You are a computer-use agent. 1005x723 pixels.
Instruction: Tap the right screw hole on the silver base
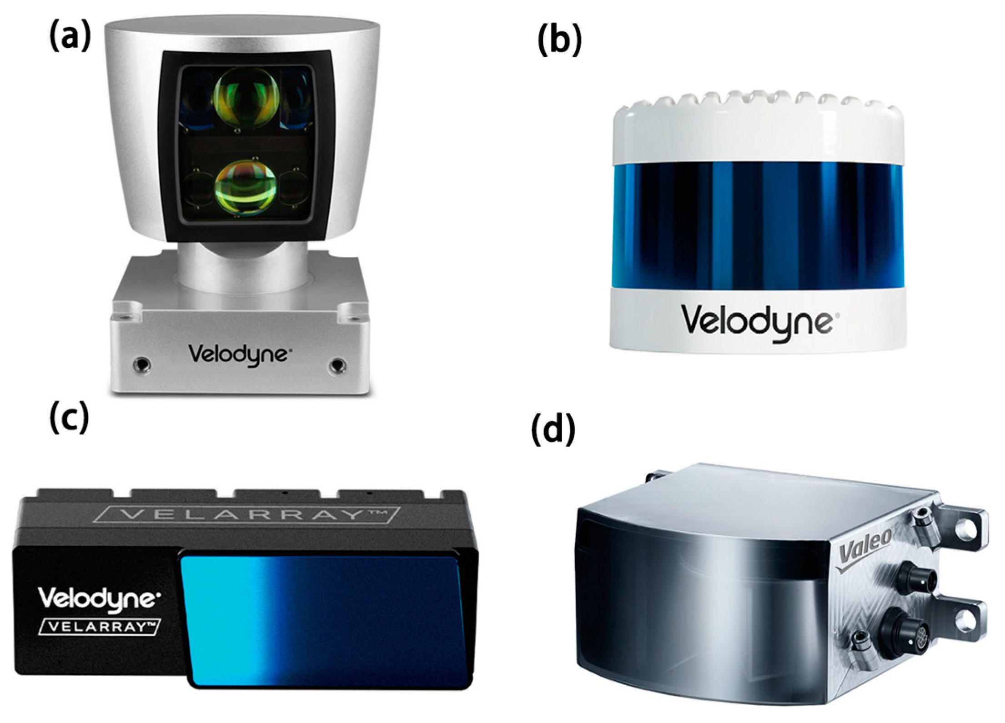[337, 364]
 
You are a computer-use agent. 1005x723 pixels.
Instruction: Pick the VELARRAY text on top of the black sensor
[249, 514]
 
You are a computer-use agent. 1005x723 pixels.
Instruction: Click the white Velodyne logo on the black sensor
[99, 599]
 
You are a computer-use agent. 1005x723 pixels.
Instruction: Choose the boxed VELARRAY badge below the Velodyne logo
[99, 627]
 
